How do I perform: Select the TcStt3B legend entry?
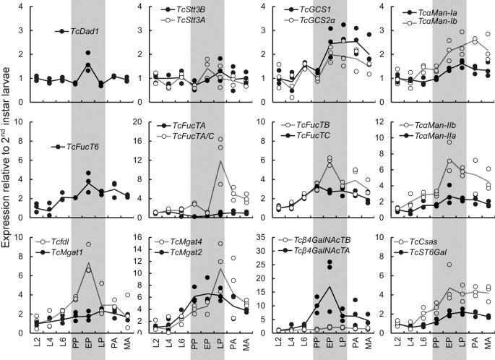point(193,11)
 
